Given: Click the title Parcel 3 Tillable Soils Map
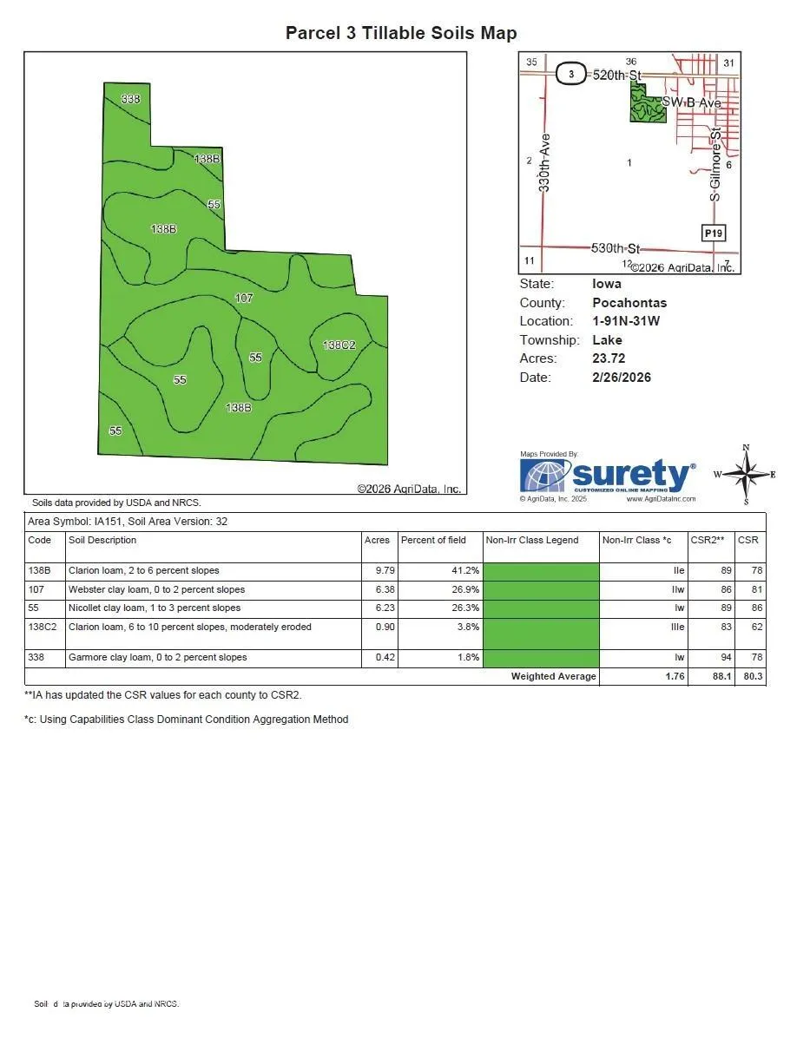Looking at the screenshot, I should [x=401, y=34].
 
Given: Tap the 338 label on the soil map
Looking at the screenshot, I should [x=130, y=100].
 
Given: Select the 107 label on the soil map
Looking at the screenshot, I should [x=244, y=299].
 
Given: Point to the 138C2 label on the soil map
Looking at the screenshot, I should [x=339, y=345].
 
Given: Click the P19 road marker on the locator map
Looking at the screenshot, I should [x=713, y=233].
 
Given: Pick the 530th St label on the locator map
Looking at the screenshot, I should [x=615, y=248].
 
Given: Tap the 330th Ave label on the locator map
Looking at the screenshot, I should [x=544, y=162].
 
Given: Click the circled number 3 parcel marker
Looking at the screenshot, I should [x=570, y=75].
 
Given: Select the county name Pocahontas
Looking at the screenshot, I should [x=629, y=303].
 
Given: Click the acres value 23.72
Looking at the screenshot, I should [x=609, y=358].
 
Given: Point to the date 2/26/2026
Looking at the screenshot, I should [x=622, y=378].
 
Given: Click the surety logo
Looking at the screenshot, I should [x=607, y=476].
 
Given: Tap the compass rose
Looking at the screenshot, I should [x=745, y=475].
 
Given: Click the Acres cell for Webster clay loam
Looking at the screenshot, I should [x=379, y=590].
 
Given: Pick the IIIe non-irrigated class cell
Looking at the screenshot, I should [x=677, y=627].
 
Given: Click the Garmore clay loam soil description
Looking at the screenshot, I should [x=157, y=658].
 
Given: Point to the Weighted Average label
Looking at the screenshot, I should [x=553, y=677].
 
